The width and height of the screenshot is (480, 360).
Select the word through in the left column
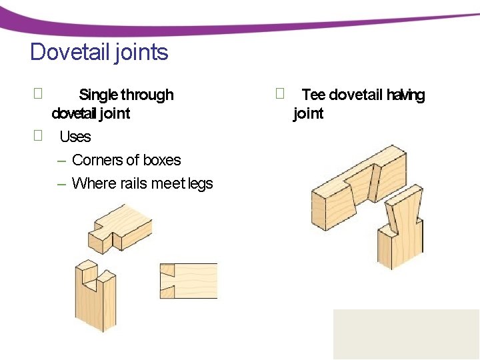pyautogui.click(x=147, y=95)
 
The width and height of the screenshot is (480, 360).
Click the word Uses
pyautogui.click(x=75, y=137)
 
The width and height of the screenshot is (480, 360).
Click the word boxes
pyautogui.click(x=163, y=160)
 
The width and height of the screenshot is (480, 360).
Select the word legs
pyautogui.click(x=201, y=183)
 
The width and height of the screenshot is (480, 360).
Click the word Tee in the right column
pyautogui.click(x=313, y=95)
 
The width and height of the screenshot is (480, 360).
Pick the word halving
pyautogui.click(x=405, y=95)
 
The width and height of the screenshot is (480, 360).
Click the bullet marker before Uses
pyautogui.click(x=38, y=136)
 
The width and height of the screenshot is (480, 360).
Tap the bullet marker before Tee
pyautogui.click(x=280, y=94)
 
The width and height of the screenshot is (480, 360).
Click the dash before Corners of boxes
pyautogui.click(x=61, y=161)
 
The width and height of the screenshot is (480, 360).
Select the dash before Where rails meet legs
pyautogui.click(x=61, y=184)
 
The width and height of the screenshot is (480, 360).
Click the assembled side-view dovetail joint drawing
pyautogui.click(x=189, y=280)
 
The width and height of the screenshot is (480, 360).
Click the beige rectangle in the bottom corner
pyautogui.click(x=406, y=334)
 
